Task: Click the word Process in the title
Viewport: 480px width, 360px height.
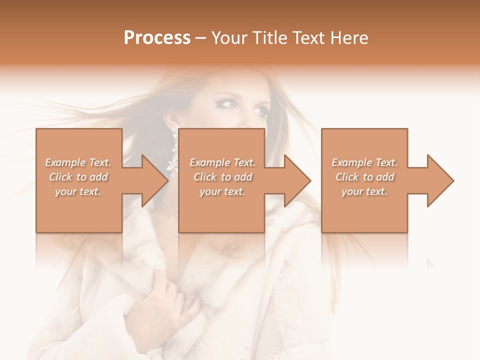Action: pos(157,38)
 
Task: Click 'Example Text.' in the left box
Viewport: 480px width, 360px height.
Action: pos(78,162)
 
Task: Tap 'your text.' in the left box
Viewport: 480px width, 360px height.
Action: pos(78,191)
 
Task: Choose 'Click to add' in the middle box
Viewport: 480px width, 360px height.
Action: pos(222,177)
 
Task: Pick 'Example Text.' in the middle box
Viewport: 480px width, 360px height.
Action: pos(222,162)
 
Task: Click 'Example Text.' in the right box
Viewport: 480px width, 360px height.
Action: pos(364,162)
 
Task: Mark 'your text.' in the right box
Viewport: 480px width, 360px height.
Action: pos(364,191)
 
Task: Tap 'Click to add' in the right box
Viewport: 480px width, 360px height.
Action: pos(364,177)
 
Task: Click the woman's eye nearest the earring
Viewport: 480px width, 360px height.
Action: pos(227,104)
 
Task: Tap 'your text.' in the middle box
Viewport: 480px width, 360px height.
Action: pos(222,191)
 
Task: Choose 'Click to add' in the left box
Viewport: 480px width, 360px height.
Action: pos(78,177)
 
